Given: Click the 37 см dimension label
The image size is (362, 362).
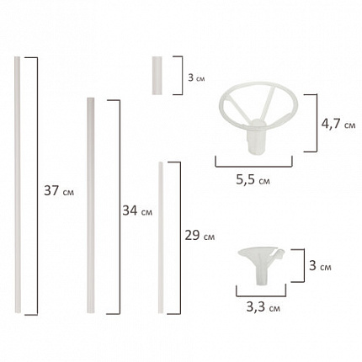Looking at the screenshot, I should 56,191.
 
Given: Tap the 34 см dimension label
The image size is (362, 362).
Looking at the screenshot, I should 136,210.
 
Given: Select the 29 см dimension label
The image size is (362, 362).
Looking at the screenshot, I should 198,236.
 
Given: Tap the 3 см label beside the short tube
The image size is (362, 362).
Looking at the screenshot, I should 195,76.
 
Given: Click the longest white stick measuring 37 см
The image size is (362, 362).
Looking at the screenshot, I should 18,185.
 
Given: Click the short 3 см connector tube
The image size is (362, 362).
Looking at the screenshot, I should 156,75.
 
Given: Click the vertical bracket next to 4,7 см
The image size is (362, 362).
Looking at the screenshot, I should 315,124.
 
